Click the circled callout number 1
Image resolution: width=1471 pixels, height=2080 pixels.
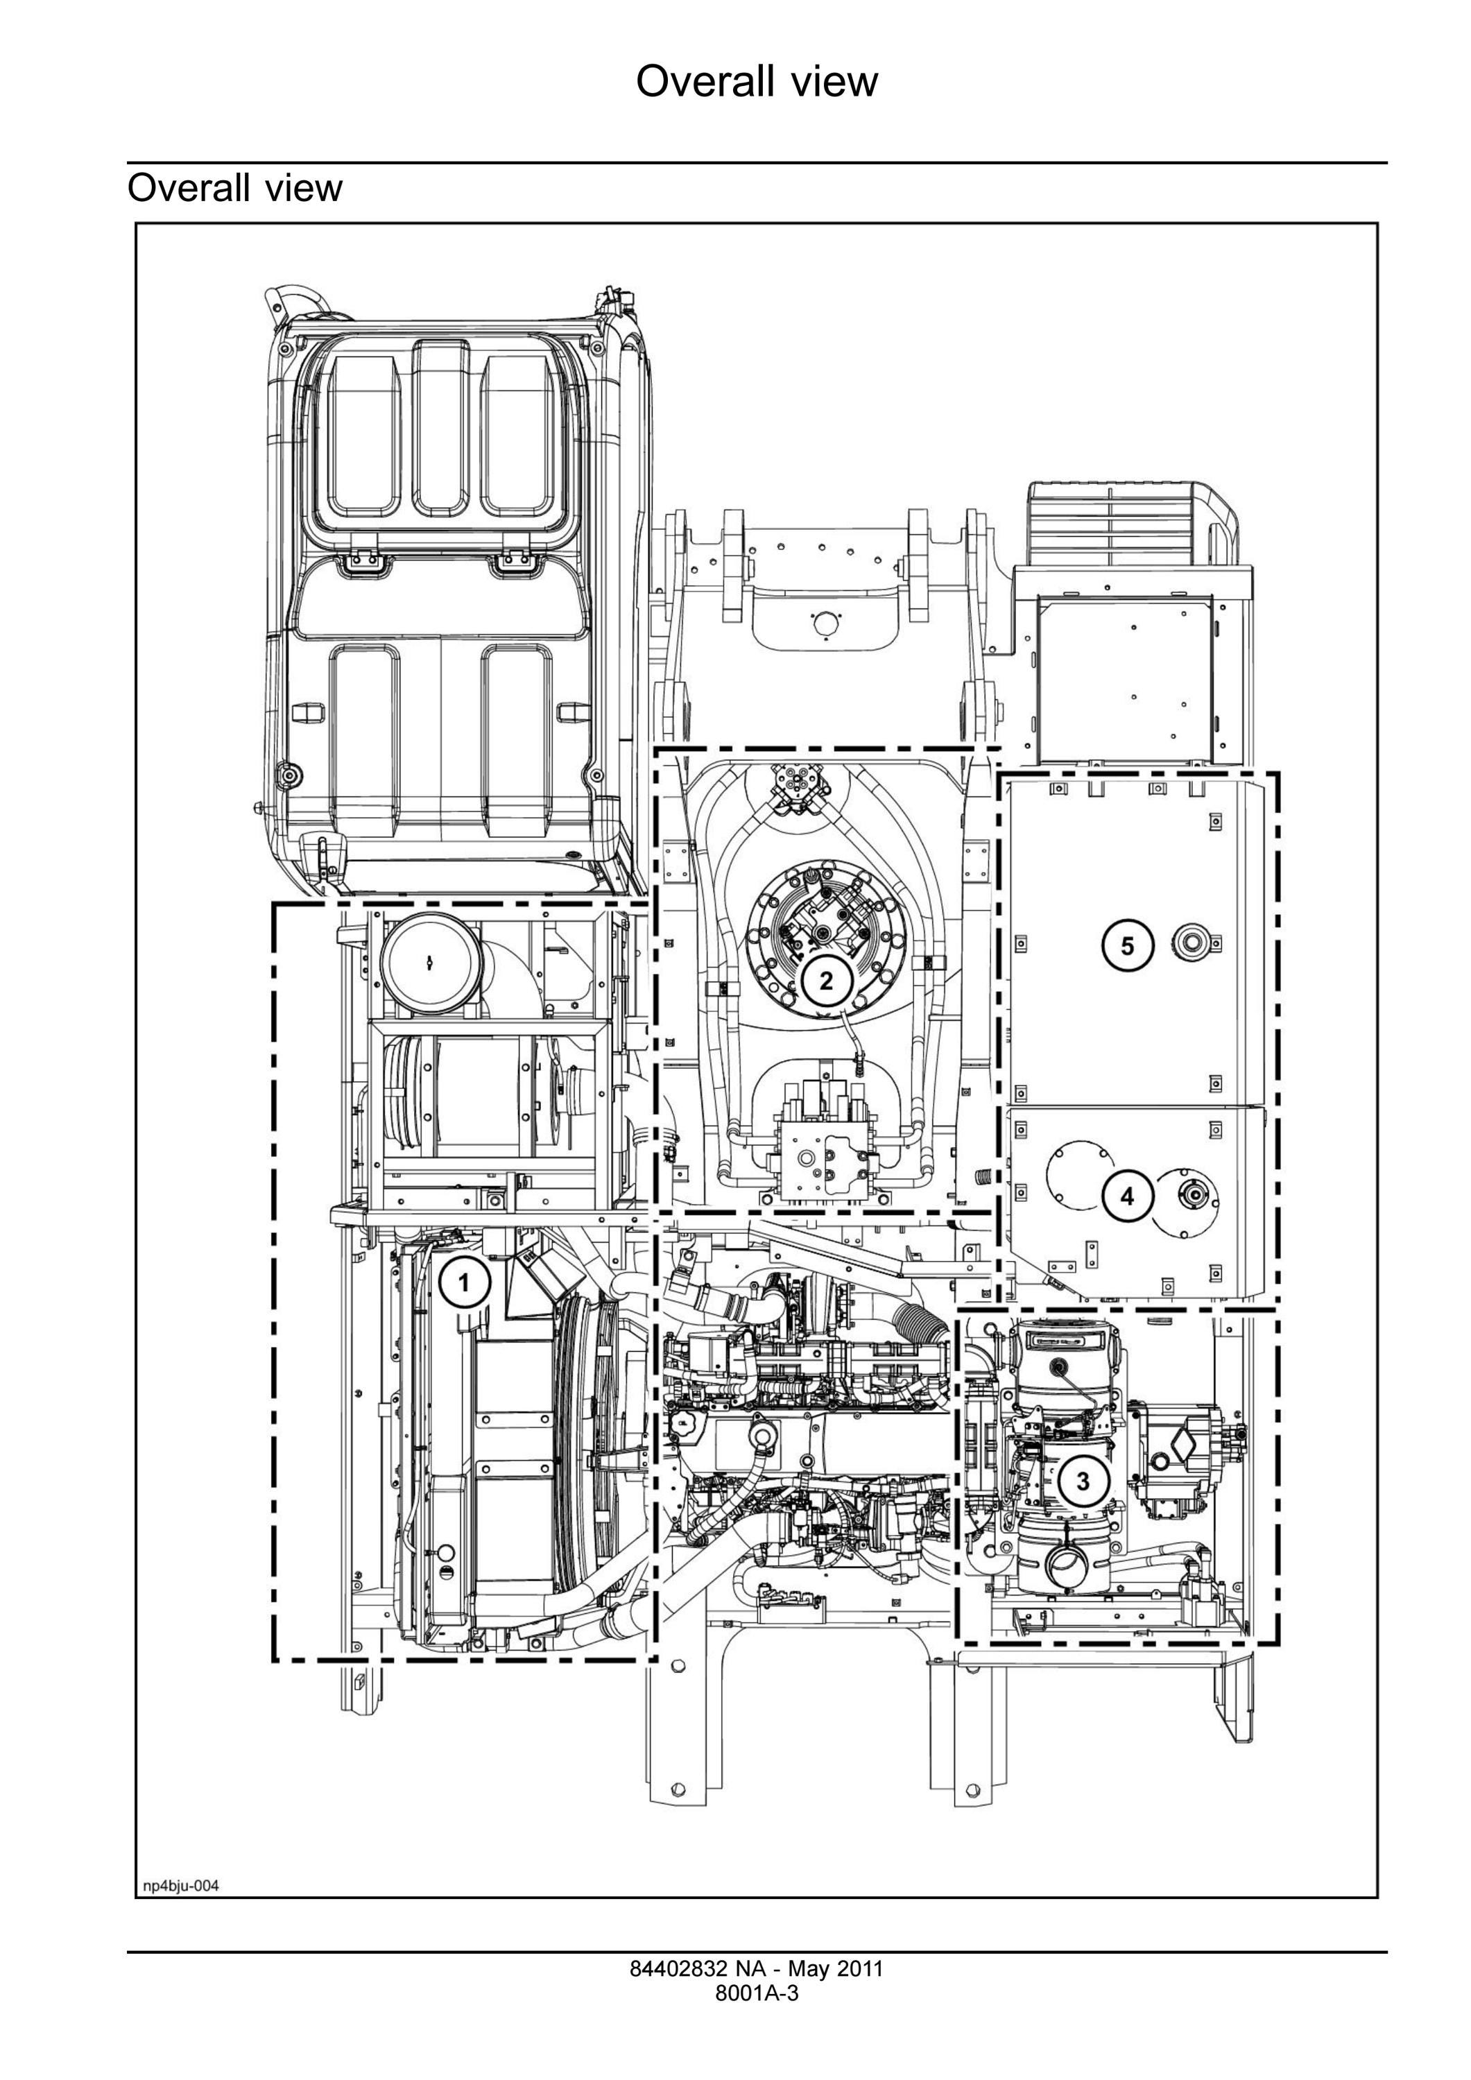pos(465,1283)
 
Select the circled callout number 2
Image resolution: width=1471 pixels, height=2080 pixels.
pos(826,980)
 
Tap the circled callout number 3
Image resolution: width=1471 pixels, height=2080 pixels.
pos(1083,1480)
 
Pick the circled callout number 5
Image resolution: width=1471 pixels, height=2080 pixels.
pos(1127,946)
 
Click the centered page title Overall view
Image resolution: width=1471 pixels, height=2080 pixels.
pos(757,82)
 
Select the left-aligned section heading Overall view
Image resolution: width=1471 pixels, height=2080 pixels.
pos(234,187)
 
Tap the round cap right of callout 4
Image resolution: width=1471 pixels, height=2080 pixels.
pos(1189,1196)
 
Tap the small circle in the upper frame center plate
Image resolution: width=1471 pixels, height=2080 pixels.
pos(823,624)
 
